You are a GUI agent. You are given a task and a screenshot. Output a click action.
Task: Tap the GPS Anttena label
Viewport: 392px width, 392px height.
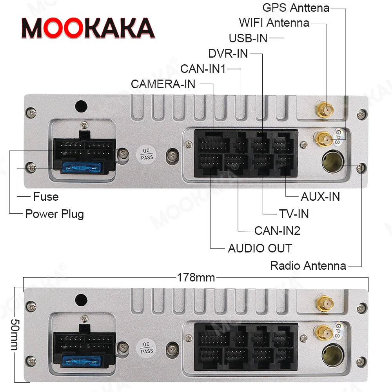(x=296, y=7)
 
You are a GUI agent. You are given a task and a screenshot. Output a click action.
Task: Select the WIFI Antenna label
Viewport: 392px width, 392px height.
(x=274, y=23)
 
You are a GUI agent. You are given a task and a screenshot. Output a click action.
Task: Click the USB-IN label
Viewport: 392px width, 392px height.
(x=248, y=38)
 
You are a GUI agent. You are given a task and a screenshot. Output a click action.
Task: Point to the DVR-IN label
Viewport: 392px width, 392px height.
(x=228, y=53)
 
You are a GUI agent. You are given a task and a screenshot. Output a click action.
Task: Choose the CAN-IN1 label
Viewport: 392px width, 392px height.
(x=203, y=69)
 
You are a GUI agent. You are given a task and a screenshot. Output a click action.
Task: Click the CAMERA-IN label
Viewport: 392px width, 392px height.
(x=163, y=84)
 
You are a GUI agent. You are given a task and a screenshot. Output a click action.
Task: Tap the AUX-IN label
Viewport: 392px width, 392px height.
(x=320, y=196)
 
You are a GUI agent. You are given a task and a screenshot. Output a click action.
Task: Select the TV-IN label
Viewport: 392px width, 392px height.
(x=294, y=214)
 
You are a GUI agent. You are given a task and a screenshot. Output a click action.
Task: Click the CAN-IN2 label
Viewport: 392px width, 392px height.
(x=277, y=230)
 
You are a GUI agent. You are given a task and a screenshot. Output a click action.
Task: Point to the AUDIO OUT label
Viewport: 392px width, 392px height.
(x=260, y=248)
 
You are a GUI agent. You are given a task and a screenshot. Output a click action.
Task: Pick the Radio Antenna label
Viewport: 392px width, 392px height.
(x=308, y=266)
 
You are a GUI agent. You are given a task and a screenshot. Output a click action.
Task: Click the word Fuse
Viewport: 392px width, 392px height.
(x=46, y=196)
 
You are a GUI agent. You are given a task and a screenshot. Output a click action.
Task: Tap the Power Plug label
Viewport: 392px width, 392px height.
(x=54, y=214)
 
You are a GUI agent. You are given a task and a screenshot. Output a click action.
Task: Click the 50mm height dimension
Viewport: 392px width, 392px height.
(x=14, y=329)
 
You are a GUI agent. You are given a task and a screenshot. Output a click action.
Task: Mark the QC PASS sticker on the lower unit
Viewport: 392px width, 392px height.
(x=147, y=347)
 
